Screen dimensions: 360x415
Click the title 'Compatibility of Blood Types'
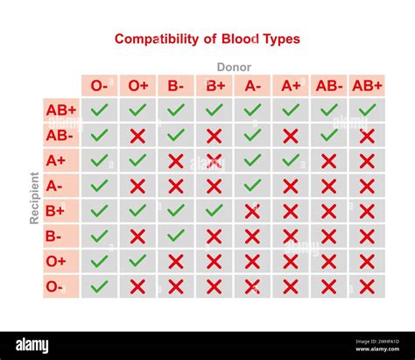click(207, 39)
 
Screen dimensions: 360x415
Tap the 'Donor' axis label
click(234, 67)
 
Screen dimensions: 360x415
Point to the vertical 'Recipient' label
click(35, 198)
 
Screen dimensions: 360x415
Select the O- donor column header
click(100, 86)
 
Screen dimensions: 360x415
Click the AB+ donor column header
click(367, 86)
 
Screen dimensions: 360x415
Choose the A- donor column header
click(252, 86)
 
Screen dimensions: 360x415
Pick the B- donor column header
click(176, 86)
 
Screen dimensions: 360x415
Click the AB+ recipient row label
click(61, 110)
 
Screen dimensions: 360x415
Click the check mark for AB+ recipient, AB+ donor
click(367, 110)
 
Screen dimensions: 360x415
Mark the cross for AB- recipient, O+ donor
click(137, 136)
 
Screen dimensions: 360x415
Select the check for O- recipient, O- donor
click(100, 286)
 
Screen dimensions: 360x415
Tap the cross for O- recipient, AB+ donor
click(367, 286)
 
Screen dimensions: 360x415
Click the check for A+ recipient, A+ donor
click(291, 160)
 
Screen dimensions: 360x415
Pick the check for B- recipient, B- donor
click(176, 236)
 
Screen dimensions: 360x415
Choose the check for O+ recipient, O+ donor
click(137, 261)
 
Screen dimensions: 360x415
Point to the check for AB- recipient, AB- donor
click(328, 136)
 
